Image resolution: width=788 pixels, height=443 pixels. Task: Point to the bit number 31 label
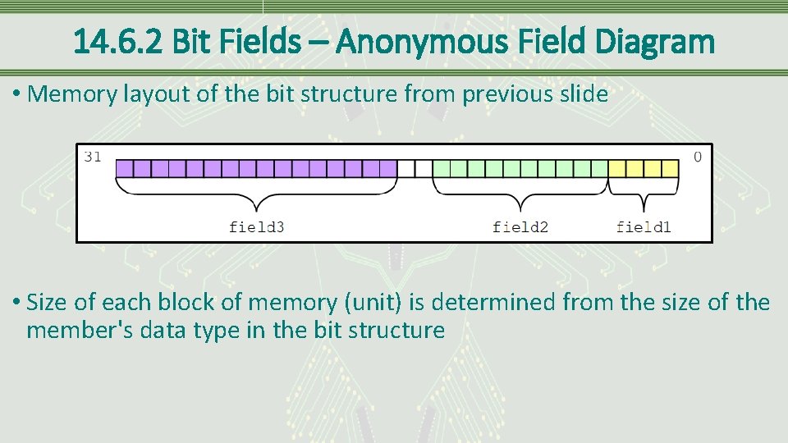(93, 157)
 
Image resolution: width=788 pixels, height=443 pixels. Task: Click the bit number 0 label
(698, 157)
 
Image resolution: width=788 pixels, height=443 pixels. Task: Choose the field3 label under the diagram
(256, 226)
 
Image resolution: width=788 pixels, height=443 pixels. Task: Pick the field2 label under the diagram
(520, 226)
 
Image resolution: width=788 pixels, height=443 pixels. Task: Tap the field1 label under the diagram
(644, 226)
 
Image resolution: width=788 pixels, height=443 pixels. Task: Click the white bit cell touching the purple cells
(406, 169)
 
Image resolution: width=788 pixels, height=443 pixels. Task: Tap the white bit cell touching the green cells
(424, 169)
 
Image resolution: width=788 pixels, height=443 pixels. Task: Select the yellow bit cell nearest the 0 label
(671, 169)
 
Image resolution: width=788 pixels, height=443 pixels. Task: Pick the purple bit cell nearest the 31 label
(124, 169)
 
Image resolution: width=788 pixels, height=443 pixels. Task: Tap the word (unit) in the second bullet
(369, 303)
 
